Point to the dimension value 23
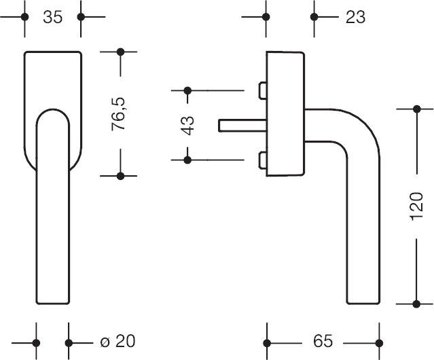[355, 17]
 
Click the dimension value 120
[417, 206]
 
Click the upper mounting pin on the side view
[261, 90]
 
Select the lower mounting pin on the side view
[261, 160]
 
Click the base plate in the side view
[285, 113]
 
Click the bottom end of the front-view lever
[52, 299]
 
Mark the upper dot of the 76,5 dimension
[120, 52]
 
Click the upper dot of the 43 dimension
[188, 90]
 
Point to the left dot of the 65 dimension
[267, 342]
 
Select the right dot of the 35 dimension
[82, 17]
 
